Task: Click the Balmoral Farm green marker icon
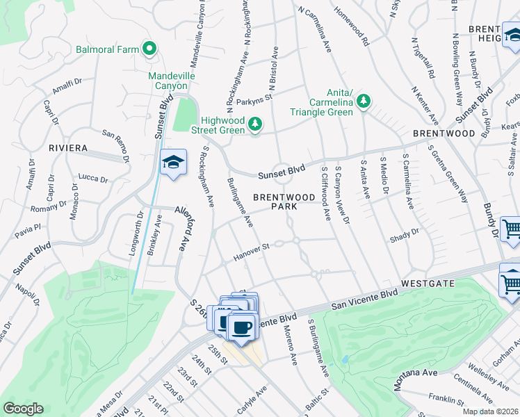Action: (x=149, y=49)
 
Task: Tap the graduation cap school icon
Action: (x=173, y=163)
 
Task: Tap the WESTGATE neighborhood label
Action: (x=428, y=284)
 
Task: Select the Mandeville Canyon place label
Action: (x=171, y=81)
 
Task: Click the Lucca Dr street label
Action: (x=92, y=179)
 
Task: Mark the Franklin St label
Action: (x=446, y=400)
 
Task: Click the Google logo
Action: (x=23, y=409)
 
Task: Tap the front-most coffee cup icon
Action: (x=242, y=326)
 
